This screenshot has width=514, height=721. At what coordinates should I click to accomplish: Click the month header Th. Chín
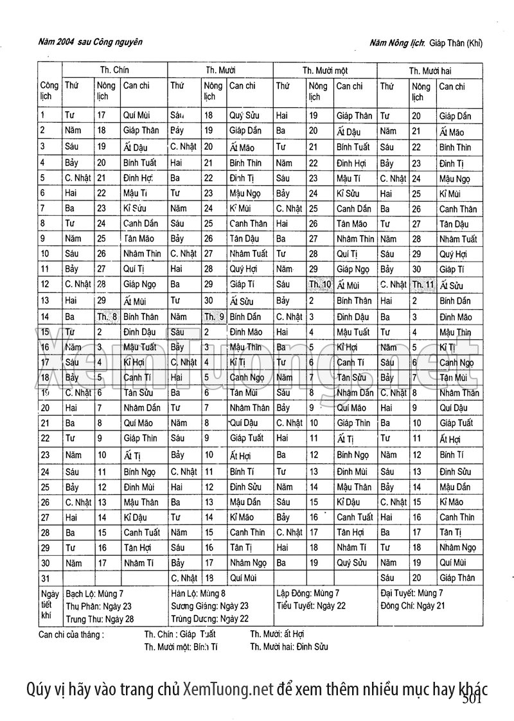point(114,69)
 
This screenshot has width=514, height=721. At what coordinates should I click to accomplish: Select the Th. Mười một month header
point(325,70)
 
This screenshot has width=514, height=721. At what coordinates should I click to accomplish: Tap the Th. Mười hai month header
point(430,70)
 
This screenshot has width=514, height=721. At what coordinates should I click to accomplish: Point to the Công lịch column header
point(49,91)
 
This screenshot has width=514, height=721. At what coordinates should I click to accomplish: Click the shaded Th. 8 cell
point(107,316)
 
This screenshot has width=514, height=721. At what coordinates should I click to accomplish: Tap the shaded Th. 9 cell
point(213,316)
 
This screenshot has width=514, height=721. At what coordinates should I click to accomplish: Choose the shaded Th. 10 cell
point(319,285)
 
